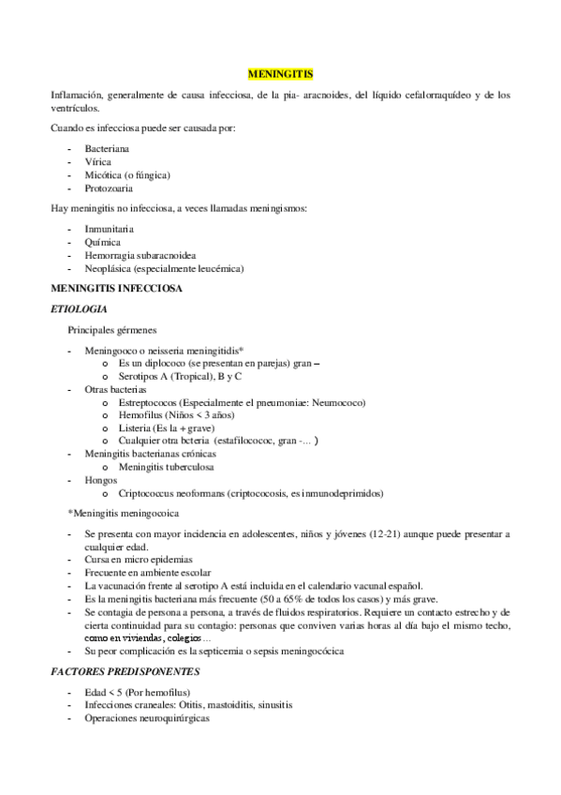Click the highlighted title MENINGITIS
click(280, 72)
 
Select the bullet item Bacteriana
click(107, 148)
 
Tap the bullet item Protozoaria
click(109, 187)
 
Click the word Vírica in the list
click(98, 161)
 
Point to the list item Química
click(102, 242)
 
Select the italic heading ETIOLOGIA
click(79, 308)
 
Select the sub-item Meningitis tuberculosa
click(165, 467)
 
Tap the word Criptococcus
click(151, 493)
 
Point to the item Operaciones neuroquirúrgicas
click(147, 718)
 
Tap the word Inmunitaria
click(109, 229)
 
